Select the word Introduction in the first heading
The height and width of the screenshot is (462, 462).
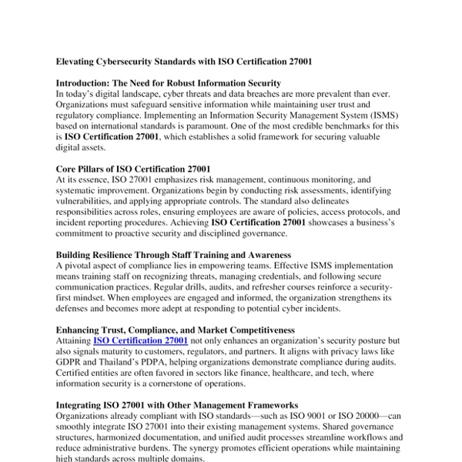(82, 82)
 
